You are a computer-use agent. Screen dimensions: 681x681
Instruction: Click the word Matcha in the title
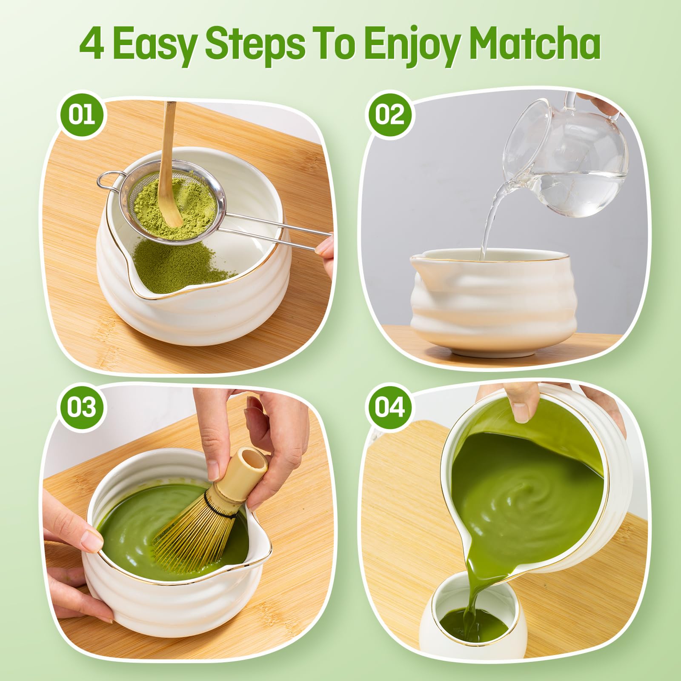pyautogui.click(x=536, y=45)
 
